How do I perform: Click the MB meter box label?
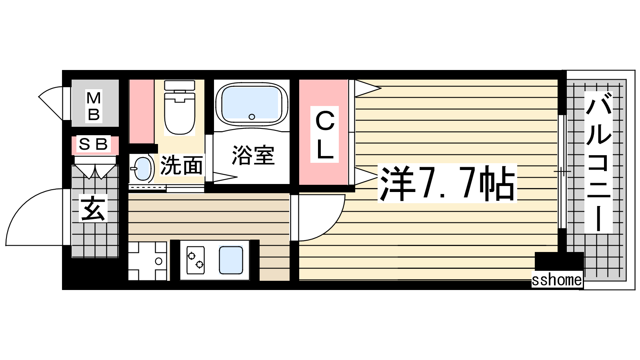click(94, 106)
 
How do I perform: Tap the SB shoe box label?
click(94, 144)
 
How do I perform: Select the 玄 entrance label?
click(94, 208)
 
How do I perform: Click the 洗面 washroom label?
click(182, 165)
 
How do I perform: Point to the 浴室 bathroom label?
click(253, 155)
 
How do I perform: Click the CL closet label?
click(324, 134)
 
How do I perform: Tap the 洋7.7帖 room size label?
click(447, 183)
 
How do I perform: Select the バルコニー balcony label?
click(598, 162)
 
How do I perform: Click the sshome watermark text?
click(557, 280)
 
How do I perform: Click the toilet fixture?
click(180, 108)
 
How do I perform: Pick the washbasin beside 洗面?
click(142, 169)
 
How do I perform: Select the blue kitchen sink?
click(231, 260)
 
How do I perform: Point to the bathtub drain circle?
click(252, 116)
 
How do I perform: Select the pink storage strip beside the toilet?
click(142, 112)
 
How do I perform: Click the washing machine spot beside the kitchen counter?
click(148, 261)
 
